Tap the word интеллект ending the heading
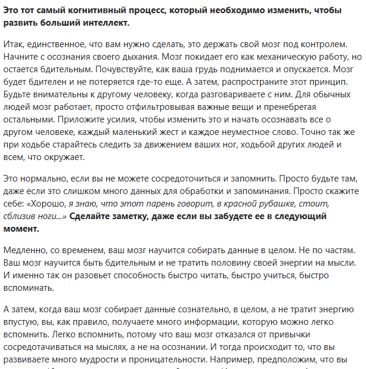(x=105, y=23)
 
